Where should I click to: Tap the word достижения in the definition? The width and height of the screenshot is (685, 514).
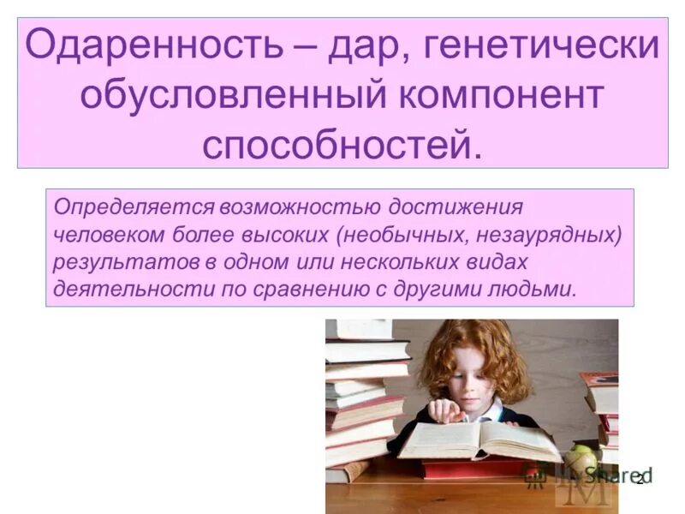coord(456,207)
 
